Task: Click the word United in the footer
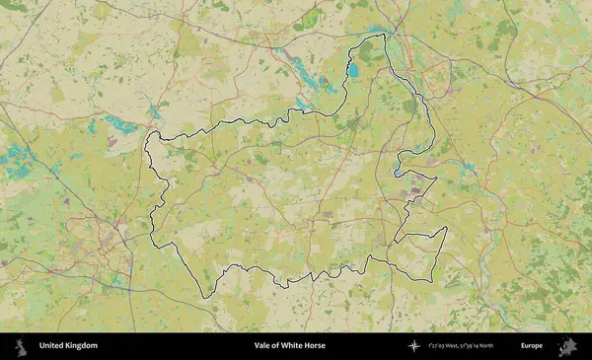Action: pos(52,346)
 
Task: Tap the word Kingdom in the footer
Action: pos(82,346)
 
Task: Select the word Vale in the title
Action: pos(262,346)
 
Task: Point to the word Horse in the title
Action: pos(315,346)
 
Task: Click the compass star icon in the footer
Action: pos(414,346)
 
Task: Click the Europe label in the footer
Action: pos(532,346)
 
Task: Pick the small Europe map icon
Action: pos(566,346)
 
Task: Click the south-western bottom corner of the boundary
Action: pos(204,297)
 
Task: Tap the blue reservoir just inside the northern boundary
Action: pos(353,70)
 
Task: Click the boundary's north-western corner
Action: pos(149,132)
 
